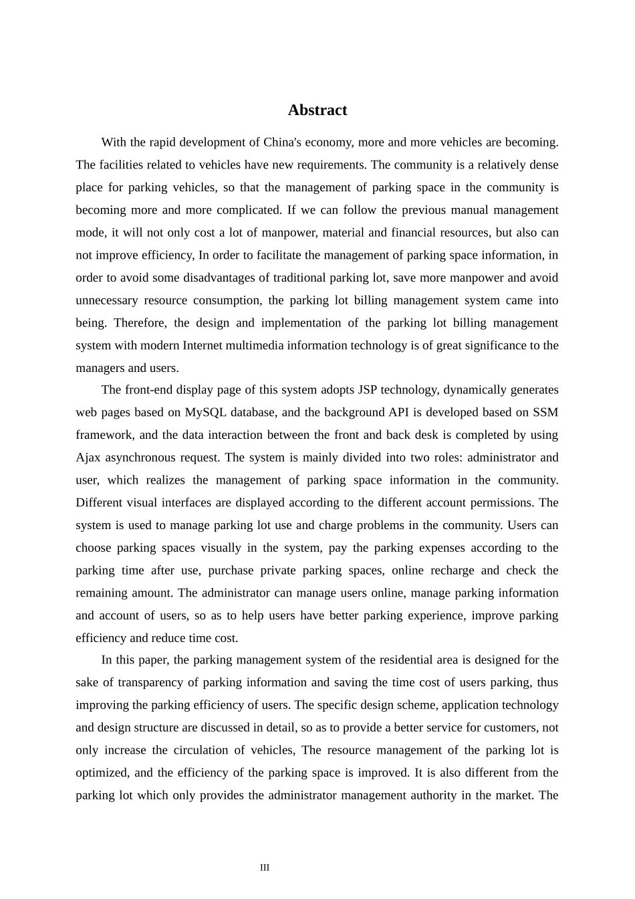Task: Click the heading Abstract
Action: [317, 110]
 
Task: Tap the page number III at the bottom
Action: [265, 868]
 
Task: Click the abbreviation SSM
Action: [545, 413]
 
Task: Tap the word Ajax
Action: [88, 458]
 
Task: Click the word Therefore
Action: [139, 323]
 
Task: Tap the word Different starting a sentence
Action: [103, 503]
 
